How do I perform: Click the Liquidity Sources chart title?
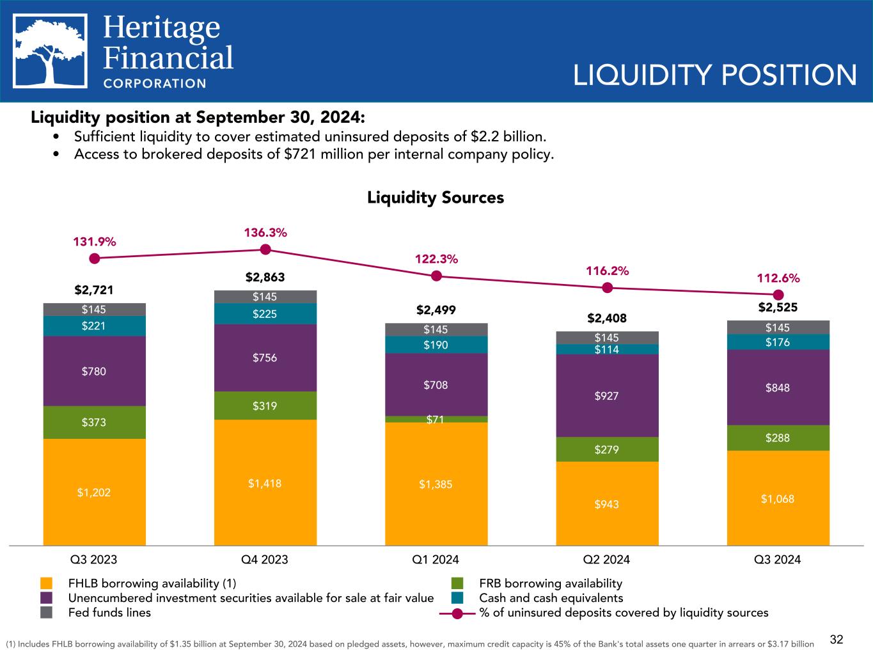(x=436, y=198)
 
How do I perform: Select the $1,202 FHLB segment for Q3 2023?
(x=94, y=492)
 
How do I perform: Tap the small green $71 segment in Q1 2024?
(x=436, y=420)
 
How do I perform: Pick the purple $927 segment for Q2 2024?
(x=607, y=396)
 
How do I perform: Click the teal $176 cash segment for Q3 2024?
(x=778, y=342)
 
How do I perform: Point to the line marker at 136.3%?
(x=265, y=249)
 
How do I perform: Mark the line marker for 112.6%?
(x=778, y=295)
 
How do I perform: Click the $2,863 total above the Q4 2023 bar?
(x=265, y=278)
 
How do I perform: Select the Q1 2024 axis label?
(x=436, y=560)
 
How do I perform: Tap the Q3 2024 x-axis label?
(x=778, y=560)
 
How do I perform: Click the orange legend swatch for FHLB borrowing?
(x=46, y=583)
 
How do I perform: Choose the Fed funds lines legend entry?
(x=109, y=613)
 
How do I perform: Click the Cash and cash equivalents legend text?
(x=551, y=598)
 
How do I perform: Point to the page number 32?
(x=837, y=640)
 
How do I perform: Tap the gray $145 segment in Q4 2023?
(x=265, y=297)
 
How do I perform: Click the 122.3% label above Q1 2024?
(x=436, y=259)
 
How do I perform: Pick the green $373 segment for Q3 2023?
(x=94, y=422)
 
